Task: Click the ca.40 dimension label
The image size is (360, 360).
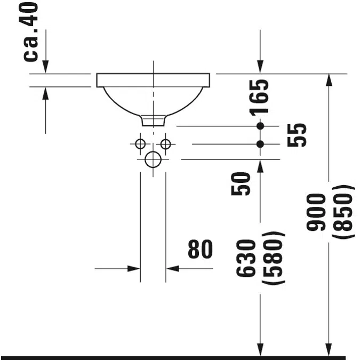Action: pyautogui.click(x=30, y=31)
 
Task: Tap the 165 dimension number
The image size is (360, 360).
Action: pyautogui.click(x=259, y=98)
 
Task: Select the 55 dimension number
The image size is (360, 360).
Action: pyautogui.click(x=297, y=135)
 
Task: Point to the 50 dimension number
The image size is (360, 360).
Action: pyautogui.click(x=241, y=184)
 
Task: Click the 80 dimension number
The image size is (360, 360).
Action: pyautogui.click(x=200, y=249)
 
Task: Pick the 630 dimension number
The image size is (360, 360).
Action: pyautogui.click(x=246, y=258)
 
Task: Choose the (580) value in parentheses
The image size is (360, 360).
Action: pyautogui.click(x=274, y=258)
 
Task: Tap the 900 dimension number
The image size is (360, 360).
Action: pyautogui.click(x=316, y=212)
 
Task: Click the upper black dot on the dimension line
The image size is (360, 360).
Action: pyautogui.click(x=260, y=126)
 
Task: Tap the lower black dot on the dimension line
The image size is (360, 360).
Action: pyautogui.click(x=260, y=144)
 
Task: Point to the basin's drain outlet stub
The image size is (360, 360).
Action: pyautogui.click(x=153, y=121)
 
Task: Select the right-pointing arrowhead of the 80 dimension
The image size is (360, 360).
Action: pyautogui.click(x=134, y=268)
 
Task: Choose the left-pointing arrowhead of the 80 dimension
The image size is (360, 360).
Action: pyautogui.click(x=173, y=268)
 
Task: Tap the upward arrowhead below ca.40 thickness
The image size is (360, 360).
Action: pyautogui.click(x=45, y=94)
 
